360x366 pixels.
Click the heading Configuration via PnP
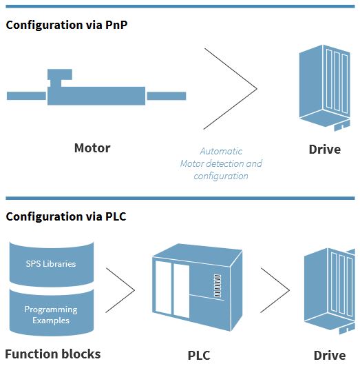[x=67, y=25]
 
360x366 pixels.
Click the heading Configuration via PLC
[x=66, y=216]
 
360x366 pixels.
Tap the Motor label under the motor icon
[x=92, y=148]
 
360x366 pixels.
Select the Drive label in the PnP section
[x=325, y=150]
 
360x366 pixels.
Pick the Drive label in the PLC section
[x=330, y=356]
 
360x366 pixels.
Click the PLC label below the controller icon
[x=199, y=356]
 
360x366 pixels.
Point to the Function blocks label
[x=53, y=354]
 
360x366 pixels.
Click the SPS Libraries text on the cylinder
[x=51, y=264]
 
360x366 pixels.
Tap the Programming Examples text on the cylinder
[x=51, y=314]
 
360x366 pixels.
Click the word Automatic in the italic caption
[x=221, y=151]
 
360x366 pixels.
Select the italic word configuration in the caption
[x=221, y=176]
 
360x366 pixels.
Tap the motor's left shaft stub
[x=26, y=96]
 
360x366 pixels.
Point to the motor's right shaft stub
[x=167, y=96]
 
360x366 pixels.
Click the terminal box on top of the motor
[x=60, y=74]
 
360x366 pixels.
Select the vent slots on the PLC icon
[x=218, y=286]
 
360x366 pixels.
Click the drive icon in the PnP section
[x=325, y=88]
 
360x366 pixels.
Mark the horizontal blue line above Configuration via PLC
[x=180, y=199]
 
